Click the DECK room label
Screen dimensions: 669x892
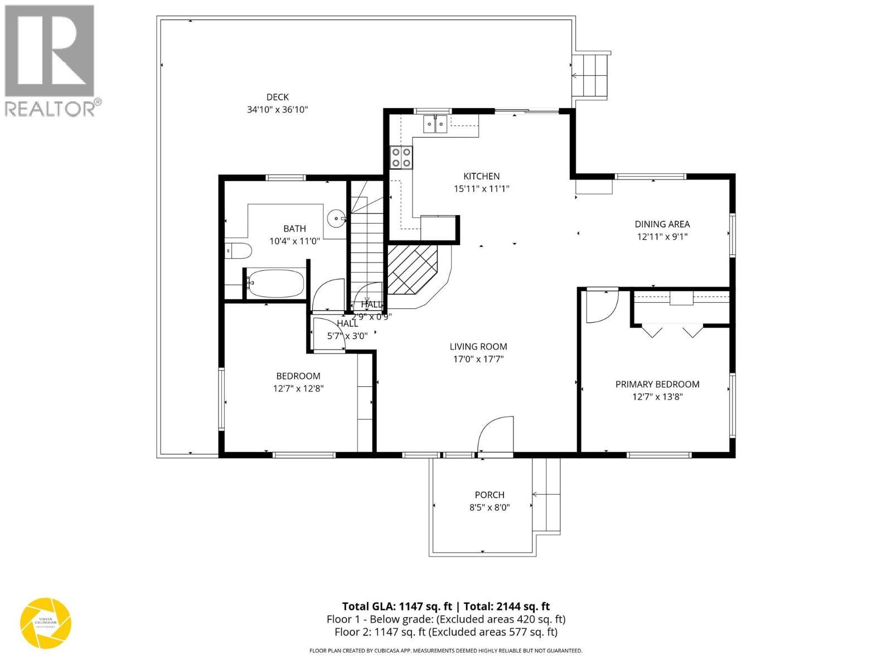tap(277, 97)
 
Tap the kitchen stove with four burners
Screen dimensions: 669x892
tap(401, 157)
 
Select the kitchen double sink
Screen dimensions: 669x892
tap(435, 124)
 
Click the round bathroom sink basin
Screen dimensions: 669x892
tap(336, 218)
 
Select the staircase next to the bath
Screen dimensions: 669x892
tap(367, 245)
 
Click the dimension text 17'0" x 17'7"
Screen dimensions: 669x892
tap(478, 359)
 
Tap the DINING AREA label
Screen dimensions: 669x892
tap(662, 224)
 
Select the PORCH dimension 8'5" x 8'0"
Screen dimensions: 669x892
tap(489, 507)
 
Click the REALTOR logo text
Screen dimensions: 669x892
tap(53, 108)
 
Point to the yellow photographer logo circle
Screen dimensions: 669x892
tap(46, 623)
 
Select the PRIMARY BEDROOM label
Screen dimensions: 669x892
tap(657, 384)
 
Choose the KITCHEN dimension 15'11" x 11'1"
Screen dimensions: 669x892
tap(481, 189)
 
